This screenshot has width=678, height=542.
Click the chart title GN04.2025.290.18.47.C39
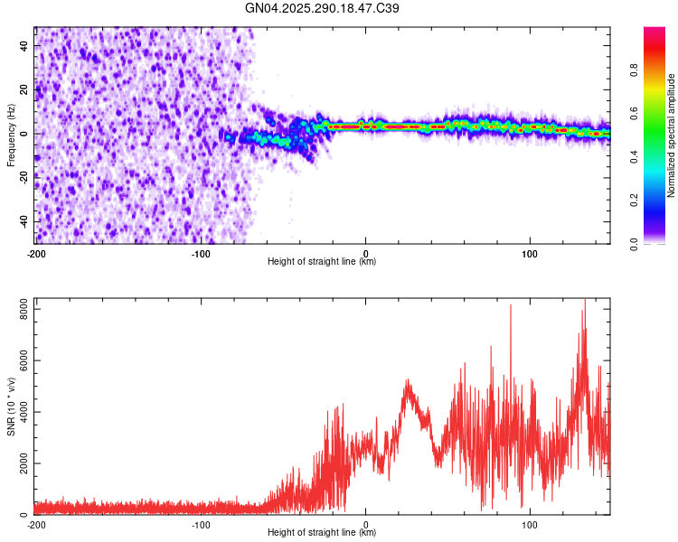coord(323,8)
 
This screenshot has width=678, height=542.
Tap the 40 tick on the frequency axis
coord(24,45)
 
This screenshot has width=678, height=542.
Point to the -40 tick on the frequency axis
coord(23,221)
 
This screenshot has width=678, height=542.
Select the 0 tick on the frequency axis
coord(28,134)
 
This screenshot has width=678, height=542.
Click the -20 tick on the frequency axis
coord(23,177)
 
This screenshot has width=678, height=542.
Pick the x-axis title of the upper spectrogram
coord(322,262)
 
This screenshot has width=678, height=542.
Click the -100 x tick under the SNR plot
coord(201,525)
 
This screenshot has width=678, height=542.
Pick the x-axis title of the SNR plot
coord(322,533)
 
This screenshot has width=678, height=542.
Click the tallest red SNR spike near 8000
coord(584,301)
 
